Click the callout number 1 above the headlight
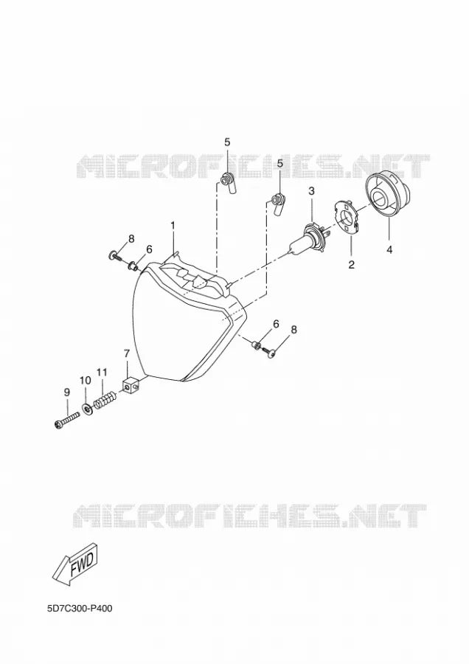pos(173,226)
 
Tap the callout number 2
pos(351,265)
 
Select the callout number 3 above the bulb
pos(311,191)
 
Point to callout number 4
pos(389,250)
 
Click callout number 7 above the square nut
pos(127,353)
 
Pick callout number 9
pos(67,392)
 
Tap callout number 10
pos(85,381)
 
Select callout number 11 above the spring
pos(102,373)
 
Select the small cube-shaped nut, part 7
pos(131,386)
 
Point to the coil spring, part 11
pos(104,401)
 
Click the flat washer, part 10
pos(88,409)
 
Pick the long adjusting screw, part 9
pos(67,420)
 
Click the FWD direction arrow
pos(77,566)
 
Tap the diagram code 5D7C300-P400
pos(80,609)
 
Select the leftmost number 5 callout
pos(227,142)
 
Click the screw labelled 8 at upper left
pos(114,255)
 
